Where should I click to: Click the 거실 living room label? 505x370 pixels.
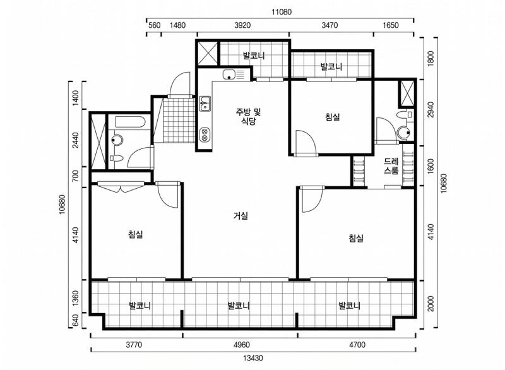coord(241,215)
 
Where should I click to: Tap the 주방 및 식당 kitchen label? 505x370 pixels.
coord(249,117)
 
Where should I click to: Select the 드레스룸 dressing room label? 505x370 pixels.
coord(391,166)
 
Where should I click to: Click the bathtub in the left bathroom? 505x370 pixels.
coord(130,122)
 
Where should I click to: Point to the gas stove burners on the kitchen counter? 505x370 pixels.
coord(205,134)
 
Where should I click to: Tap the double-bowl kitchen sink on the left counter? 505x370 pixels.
coord(205,104)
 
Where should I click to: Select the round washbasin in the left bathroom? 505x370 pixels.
coord(117,140)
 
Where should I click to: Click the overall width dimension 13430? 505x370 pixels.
coord(253,358)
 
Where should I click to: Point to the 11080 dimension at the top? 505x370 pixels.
coord(281,12)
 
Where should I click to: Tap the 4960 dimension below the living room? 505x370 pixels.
coord(242,345)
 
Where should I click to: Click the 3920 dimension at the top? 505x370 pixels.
coord(242,25)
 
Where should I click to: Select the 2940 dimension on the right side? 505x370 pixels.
coord(431,109)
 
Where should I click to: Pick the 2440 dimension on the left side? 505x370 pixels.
coord(75,140)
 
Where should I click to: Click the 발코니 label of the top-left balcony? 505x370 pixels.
coord(254,56)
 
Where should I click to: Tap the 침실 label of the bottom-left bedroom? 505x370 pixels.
coord(135,234)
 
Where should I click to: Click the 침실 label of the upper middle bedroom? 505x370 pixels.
coord(333,117)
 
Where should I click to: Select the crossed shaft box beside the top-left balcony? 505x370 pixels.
coord(208,54)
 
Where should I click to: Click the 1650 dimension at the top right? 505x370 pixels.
coord(391,25)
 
